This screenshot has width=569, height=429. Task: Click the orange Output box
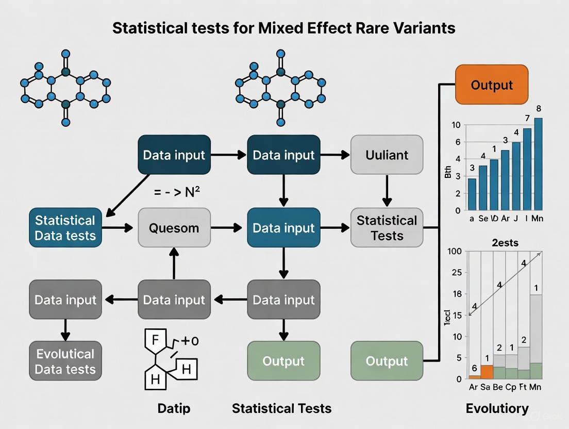492,85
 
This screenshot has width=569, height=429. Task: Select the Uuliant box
387,155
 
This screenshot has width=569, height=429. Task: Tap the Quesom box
174,228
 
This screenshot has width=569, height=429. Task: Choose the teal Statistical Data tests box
65,228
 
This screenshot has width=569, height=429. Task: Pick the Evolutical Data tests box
65,361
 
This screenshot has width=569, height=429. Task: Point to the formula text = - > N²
177,192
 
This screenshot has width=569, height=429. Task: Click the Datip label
174,408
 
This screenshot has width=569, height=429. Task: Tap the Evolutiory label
497,408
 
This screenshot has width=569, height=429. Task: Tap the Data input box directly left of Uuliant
283,155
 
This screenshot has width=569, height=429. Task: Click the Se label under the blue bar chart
483,219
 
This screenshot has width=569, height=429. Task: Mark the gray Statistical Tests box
387,228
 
